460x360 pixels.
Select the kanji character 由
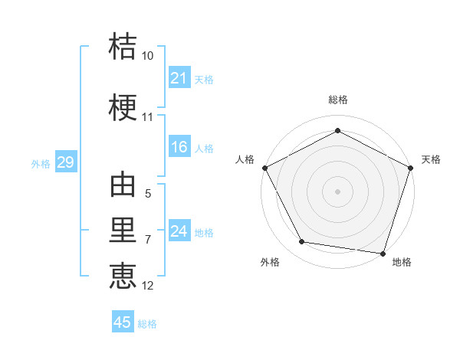point(123,186)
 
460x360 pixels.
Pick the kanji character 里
point(123,230)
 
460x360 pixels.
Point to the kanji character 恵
point(123,274)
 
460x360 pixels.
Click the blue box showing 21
point(179,78)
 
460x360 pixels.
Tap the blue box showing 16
point(179,147)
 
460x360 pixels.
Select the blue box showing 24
point(179,231)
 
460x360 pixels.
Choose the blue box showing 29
point(65,162)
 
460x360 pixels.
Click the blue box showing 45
point(123,322)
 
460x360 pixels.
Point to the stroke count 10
point(148,56)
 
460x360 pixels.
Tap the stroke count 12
point(148,286)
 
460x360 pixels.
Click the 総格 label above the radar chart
point(337,100)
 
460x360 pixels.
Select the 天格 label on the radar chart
point(431,159)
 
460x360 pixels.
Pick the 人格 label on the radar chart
point(245,159)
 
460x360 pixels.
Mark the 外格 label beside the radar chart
point(270,262)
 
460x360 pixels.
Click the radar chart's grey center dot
point(337,191)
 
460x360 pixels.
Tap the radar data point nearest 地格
point(383,253)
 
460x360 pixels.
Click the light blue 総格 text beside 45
point(147,324)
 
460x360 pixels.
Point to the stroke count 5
point(148,195)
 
